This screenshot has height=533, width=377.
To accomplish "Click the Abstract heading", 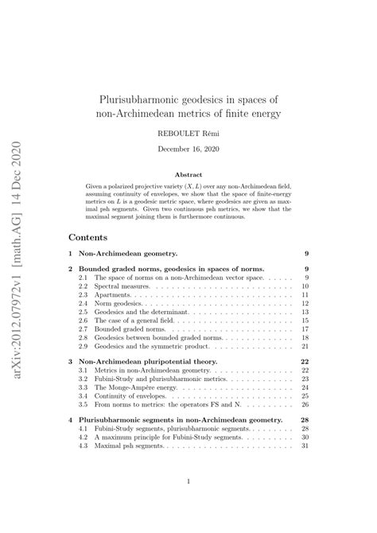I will (188, 174).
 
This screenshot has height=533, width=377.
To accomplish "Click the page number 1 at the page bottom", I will (188, 480).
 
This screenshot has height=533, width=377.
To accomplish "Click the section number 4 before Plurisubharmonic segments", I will (72, 418).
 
